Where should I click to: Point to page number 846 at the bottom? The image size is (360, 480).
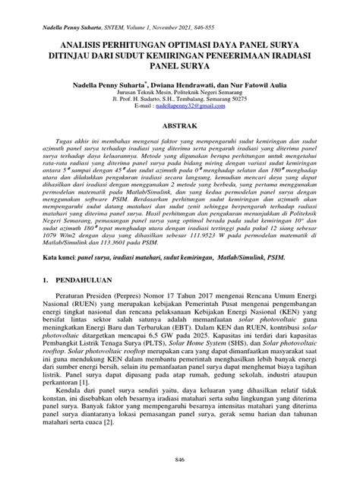(x=180, y=461)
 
